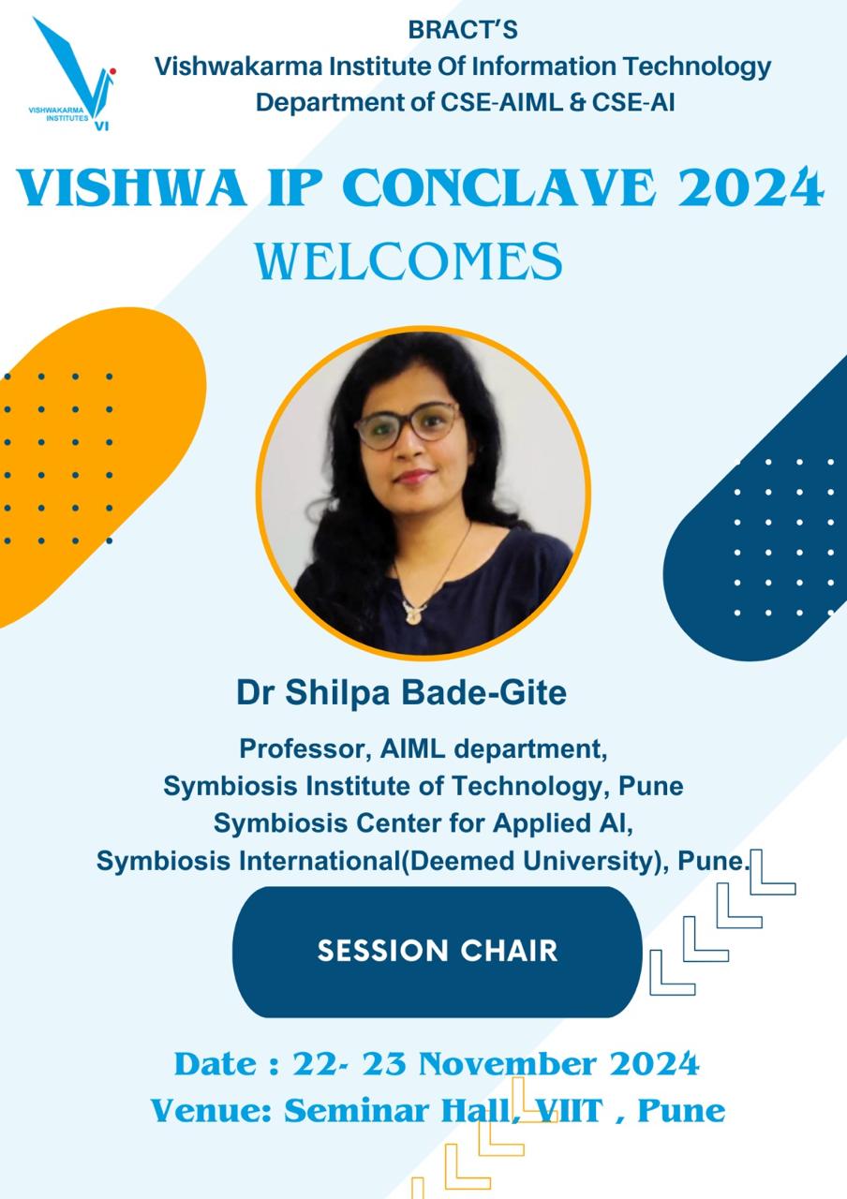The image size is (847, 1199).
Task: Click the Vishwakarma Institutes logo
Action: (x=73, y=74)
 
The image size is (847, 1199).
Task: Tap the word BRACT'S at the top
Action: (x=463, y=30)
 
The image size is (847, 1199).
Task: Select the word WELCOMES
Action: (x=409, y=261)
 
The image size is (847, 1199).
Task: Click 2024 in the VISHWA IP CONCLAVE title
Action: (x=750, y=188)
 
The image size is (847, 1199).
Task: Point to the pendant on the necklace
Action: (x=412, y=613)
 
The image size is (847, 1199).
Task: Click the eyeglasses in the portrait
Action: (x=408, y=425)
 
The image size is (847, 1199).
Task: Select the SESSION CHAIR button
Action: (x=437, y=951)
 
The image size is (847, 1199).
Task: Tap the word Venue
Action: (x=213, y=1111)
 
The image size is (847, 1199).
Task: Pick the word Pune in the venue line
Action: (x=681, y=1111)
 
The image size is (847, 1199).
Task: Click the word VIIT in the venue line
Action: (x=570, y=1111)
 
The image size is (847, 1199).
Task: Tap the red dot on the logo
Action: (x=112, y=70)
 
